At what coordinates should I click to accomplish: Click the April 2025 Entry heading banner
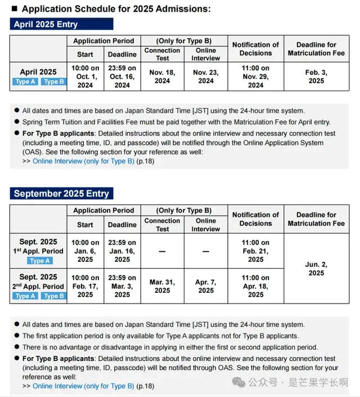(x=61, y=24)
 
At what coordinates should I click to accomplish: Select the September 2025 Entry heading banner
(x=61, y=193)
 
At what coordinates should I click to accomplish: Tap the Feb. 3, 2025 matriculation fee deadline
(x=316, y=77)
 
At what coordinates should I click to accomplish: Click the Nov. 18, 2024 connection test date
(x=163, y=77)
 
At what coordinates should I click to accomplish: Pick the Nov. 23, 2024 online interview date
(x=206, y=77)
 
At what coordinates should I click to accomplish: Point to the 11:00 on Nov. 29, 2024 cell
(x=255, y=77)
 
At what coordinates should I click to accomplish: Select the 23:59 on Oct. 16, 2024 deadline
(x=122, y=77)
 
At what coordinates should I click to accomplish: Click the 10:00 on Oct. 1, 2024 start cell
(x=85, y=77)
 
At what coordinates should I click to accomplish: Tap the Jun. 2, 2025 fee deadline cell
(x=316, y=269)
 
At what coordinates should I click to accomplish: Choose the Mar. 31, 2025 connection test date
(x=163, y=287)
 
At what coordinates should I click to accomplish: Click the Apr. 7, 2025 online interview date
(x=206, y=287)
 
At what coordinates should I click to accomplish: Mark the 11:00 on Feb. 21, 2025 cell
(x=255, y=251)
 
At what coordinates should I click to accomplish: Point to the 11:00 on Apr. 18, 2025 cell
(x=255, y=286)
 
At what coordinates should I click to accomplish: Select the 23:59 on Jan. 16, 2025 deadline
(x=122, y=251)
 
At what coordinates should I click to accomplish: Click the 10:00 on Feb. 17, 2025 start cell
(x=85, y=286)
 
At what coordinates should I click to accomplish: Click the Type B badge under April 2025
(x=54, y=82)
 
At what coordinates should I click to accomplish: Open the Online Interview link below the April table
(x=83, y=161)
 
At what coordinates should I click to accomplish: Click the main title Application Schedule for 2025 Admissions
(x=116, y=9)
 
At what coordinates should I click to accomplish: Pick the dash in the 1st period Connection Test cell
(x=163, y=251)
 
